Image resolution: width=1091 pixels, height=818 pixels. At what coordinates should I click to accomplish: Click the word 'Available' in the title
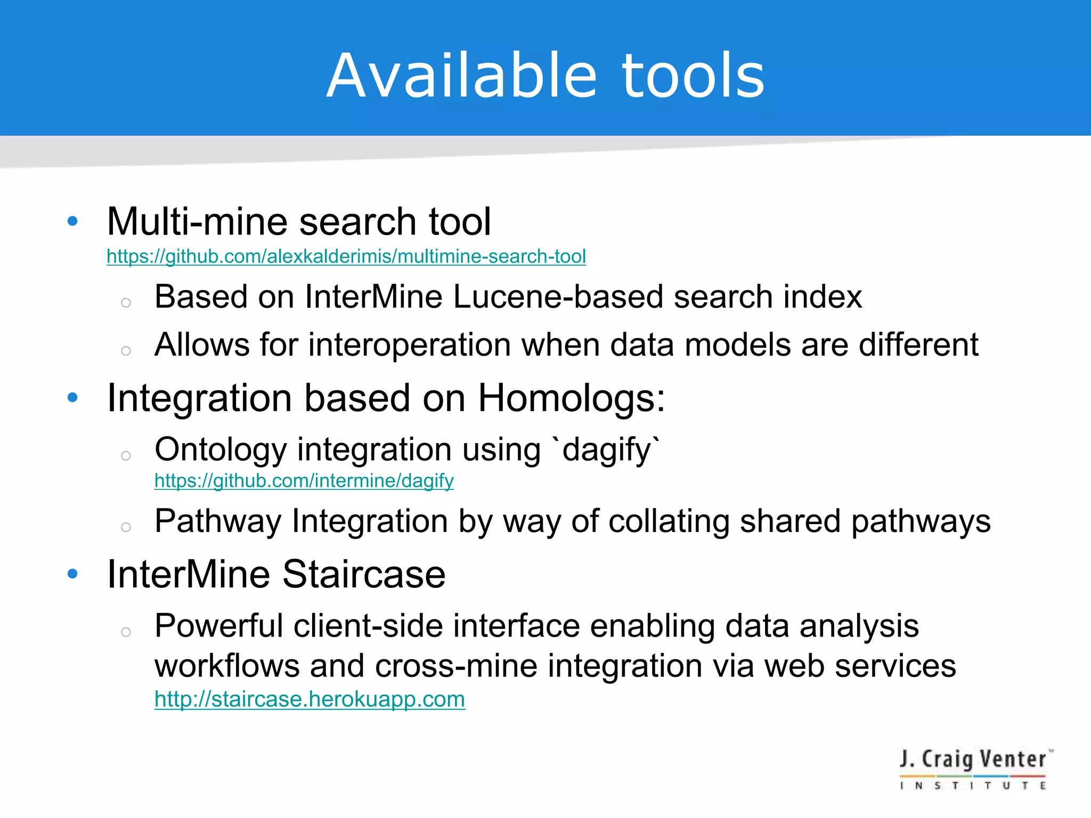coord(461,76)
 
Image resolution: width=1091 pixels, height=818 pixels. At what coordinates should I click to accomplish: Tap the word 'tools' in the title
coord(693,76)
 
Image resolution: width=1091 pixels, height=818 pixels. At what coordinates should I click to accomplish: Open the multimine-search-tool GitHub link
coord(346,257)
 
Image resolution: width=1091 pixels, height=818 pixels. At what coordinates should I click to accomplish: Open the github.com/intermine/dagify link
coord(304,481)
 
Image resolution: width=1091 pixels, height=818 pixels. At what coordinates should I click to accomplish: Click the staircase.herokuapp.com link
coord(310,699)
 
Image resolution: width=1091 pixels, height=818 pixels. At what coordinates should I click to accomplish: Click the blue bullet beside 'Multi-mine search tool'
coord(73,221)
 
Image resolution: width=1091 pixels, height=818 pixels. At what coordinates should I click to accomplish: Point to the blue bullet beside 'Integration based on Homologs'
coord(73,397)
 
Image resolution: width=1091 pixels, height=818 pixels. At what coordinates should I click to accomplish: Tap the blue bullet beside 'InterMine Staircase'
coord(73,574)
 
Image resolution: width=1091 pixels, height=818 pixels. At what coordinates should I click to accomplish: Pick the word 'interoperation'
coord(410,345)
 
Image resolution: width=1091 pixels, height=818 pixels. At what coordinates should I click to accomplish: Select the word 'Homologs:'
coord(572,398)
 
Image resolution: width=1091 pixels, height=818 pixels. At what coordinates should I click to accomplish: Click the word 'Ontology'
coord(221,450)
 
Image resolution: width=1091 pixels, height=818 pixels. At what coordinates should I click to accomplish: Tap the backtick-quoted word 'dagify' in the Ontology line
coord(607,450)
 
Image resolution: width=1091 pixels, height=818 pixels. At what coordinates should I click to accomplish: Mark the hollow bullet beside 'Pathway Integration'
coord(126,527)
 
